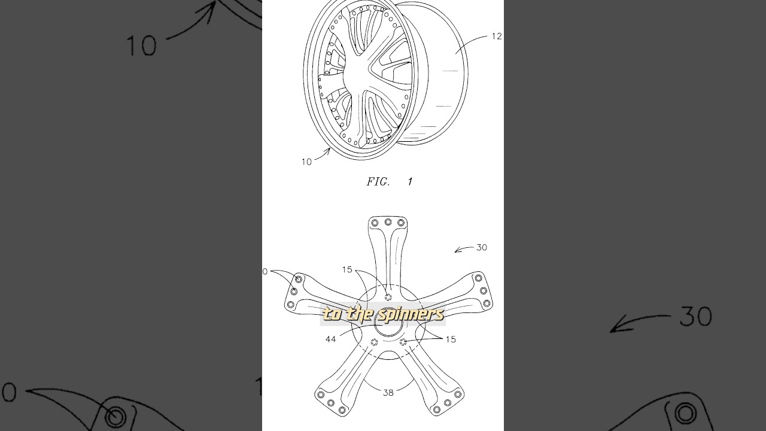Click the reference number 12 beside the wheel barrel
point(496,37)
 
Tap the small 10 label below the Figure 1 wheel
point(306,162)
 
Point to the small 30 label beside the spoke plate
point(481,247)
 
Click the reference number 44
point(330,339)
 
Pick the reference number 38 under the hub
point(388,393)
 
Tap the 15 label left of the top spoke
point(347,270)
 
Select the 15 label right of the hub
point(450,339)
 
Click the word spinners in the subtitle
point(413,314)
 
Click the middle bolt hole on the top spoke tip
point(388,222)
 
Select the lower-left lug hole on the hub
point(374,342)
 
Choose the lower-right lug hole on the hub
point(403,342)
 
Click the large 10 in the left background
point(141,46)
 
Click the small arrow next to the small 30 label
point(463,249)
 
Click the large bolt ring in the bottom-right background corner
point(685,413)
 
